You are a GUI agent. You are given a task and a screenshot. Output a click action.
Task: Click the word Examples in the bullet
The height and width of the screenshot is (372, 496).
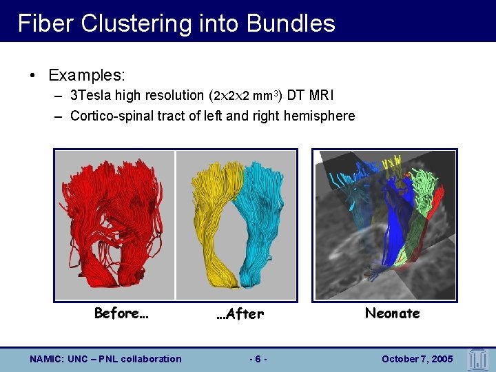pos(85,74)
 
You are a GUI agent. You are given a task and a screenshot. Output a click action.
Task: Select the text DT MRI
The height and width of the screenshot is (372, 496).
pos(310,96)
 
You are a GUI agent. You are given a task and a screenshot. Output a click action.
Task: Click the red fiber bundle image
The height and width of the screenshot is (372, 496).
pos(114,220)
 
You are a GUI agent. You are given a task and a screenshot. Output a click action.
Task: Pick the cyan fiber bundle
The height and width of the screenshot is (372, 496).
pos(265,214)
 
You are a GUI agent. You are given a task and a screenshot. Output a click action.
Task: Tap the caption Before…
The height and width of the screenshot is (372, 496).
pos(121,313)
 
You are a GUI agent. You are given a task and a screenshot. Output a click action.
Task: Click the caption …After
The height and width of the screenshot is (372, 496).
pos(239,314)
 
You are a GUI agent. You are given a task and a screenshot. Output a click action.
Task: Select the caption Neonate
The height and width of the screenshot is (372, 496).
pos(392,313)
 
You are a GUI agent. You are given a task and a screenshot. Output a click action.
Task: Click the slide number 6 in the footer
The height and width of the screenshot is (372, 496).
pos(257,359)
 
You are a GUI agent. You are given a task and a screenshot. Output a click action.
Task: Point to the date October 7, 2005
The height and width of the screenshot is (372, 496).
pos(417,359)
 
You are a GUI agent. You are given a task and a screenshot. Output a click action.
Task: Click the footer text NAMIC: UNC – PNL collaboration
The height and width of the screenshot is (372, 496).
pos(105,359)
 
